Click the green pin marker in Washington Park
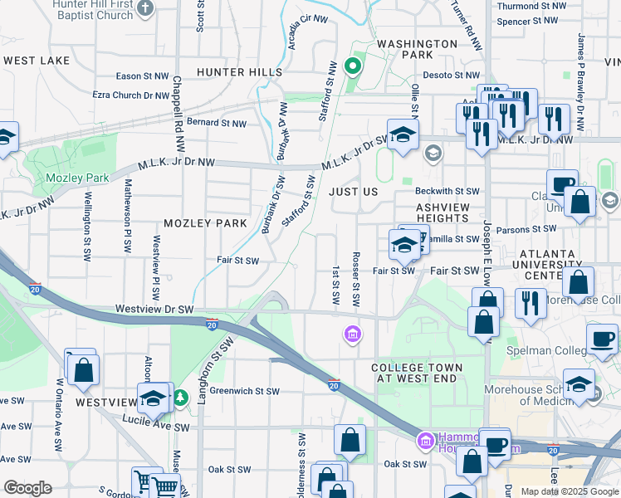[352, 67]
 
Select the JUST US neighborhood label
[353, 192]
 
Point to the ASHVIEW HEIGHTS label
[443, 213]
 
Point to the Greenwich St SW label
[244, 391]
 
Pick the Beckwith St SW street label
[448, 191]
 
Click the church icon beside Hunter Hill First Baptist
[146, 9]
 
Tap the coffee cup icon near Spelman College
[602, 339]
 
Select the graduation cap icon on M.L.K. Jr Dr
[403, 134]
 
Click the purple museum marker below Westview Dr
[352, 334]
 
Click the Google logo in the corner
[27, 488]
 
